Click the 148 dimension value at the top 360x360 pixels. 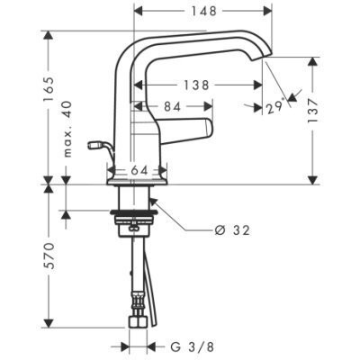click(x=204, y=12)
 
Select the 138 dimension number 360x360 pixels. click(x=196, y=85)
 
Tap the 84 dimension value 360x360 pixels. click(x=173, y=106)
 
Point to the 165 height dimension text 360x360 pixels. click(x=49, y=89)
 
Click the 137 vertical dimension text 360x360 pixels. click(x=312, y=111)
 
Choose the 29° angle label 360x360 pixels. click(x=275, y=106)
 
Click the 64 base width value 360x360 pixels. click(x=139, y=171)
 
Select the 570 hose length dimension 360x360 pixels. click(x=49, y=256)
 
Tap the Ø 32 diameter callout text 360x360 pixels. click(x=232, y=230)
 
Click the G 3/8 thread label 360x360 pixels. click(x=193, y=347)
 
